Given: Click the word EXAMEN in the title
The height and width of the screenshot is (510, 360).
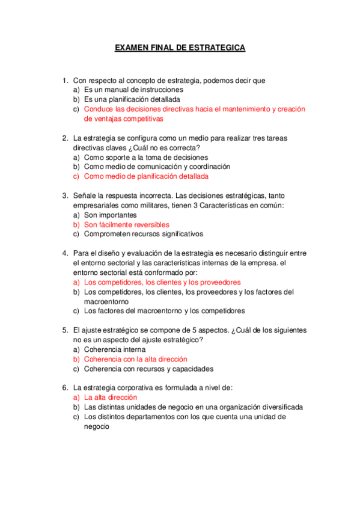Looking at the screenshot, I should (x=132, y=48).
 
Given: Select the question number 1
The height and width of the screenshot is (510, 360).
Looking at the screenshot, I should (x=64, y=81).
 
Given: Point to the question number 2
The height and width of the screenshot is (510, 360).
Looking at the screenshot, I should (x=64, y=138).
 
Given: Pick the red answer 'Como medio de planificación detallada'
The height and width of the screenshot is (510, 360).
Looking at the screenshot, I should (x=146, y=177).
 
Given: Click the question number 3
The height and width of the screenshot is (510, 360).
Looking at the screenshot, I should (x=64, y=195).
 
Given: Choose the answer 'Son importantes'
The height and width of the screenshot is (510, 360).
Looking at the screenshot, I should (x=110, y=215).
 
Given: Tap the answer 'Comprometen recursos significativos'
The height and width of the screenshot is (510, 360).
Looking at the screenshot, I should (x=144, y=234).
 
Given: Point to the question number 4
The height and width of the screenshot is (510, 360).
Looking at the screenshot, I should (x=64, y=253).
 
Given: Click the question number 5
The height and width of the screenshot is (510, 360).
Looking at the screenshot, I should (x=64, y=330).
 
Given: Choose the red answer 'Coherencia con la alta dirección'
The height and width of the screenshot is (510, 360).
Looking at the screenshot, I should (x=136, y=359).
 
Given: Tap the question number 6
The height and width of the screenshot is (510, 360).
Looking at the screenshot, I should (x=64, y=388).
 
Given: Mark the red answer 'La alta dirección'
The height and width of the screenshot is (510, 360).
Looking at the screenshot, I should (x=111, y=398).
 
